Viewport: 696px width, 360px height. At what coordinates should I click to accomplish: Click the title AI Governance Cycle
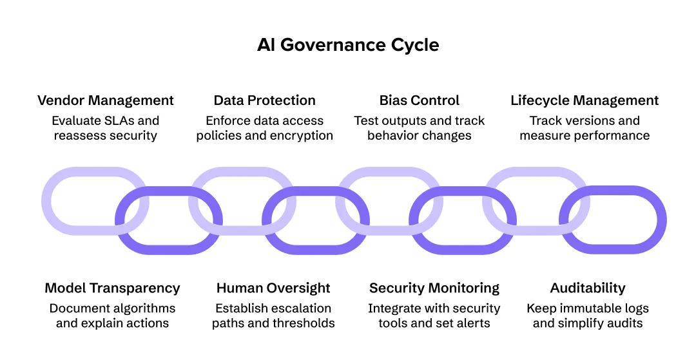pos(348,45)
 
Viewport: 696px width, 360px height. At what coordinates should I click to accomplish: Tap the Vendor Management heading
pos(106,100)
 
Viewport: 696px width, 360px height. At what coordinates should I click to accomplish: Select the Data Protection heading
pos(264,100)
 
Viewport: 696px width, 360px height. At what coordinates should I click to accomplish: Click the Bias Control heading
pos(420,100)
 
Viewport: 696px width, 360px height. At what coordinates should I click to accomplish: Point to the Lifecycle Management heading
pos(585,100)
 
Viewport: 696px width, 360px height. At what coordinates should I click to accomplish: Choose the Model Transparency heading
pos(112,288)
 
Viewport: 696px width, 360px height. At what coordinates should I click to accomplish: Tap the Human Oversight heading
pos(273,288)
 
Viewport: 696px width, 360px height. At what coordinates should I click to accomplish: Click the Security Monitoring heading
pos(434,288)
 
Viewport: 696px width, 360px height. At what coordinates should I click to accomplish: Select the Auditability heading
pos(588,288)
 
